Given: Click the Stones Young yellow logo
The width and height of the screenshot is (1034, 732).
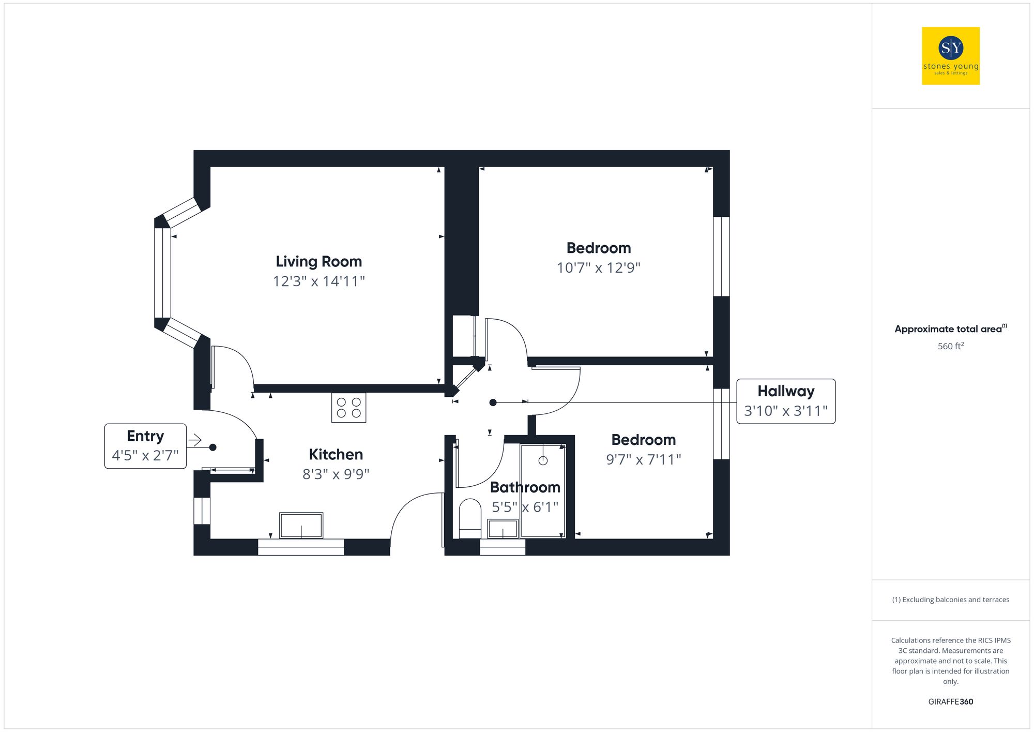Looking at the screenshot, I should tap(950, 56).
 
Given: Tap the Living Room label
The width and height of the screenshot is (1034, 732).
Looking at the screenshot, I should tap(318, 261).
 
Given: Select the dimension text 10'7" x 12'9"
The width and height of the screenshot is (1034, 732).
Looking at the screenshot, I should tap(598, 268).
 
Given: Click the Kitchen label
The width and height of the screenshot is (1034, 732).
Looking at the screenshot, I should tap(336, 454).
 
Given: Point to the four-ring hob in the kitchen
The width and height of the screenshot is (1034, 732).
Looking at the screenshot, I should tap(348, 408).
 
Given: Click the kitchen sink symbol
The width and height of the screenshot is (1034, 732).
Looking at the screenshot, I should tap(301, 525).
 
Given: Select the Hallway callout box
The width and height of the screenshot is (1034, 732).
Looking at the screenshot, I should tap(785, 401).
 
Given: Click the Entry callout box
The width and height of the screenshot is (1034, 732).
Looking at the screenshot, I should tap(145, 446).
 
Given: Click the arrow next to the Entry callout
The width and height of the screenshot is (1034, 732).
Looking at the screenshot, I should tap(195, 440).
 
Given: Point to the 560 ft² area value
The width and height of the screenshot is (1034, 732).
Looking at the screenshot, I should tap(950, 346).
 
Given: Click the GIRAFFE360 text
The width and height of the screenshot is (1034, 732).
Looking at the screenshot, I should tap(950, 701).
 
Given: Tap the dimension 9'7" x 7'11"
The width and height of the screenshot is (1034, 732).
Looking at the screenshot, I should tap(643, 459).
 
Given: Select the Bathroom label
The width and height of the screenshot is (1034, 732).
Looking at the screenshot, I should tap(525, 487).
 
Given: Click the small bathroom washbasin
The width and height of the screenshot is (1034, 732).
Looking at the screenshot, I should tap(503, 529).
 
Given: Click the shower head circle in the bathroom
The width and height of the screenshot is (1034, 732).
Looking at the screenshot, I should tap(543, 460).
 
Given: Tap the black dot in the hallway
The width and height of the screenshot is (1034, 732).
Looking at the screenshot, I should tap(493, 402).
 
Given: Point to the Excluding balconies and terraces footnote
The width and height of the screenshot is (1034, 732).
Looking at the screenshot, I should tap(950, 600).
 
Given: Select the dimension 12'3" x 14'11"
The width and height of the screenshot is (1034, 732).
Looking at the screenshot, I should tap(318, 281).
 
